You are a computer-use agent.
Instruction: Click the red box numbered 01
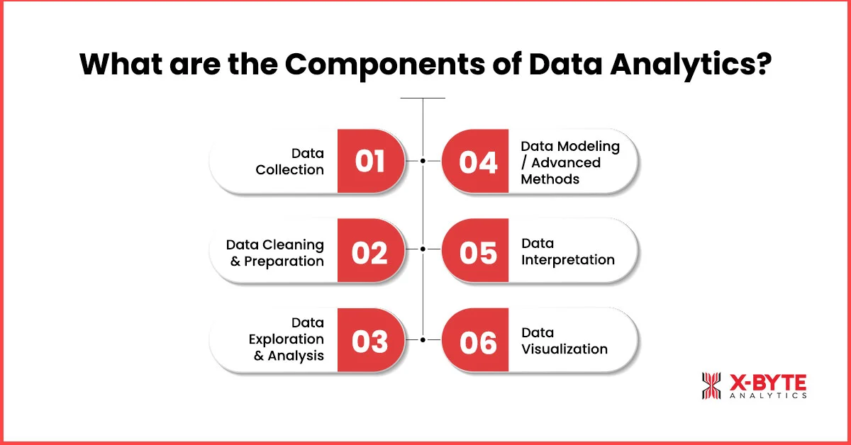pos(370,162)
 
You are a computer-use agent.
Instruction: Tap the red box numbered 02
pos(370,252)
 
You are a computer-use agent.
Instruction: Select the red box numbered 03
pos(370,341)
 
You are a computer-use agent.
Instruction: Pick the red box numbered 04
pos(478,162)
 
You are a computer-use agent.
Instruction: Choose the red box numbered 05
pos(478,252)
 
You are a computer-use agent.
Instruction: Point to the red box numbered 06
pos(478,341)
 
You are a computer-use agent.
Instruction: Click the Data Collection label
pos(289,162)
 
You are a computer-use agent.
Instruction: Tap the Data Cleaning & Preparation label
pos(275,253)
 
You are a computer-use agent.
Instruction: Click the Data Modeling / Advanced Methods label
pos(570,162)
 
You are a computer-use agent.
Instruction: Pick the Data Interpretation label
pos(567,252)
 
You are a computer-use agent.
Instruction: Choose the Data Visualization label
pos(564,341)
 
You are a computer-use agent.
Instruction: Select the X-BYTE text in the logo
pos(768,382)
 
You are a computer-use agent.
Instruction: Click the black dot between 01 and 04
pos(423,161)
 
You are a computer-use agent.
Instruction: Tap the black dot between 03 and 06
pos(423,340)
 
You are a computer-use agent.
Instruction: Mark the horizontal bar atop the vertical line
pos(423,98)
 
